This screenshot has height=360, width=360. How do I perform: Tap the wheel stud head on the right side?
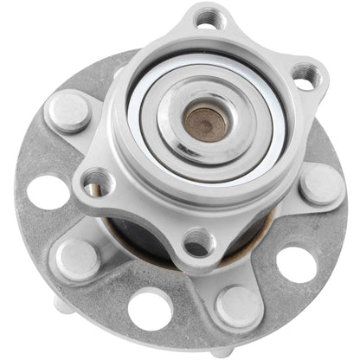click(319, 183)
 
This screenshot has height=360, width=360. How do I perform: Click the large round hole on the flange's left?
click(48, 192)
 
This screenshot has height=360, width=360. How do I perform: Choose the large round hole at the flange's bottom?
click(149, 309)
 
